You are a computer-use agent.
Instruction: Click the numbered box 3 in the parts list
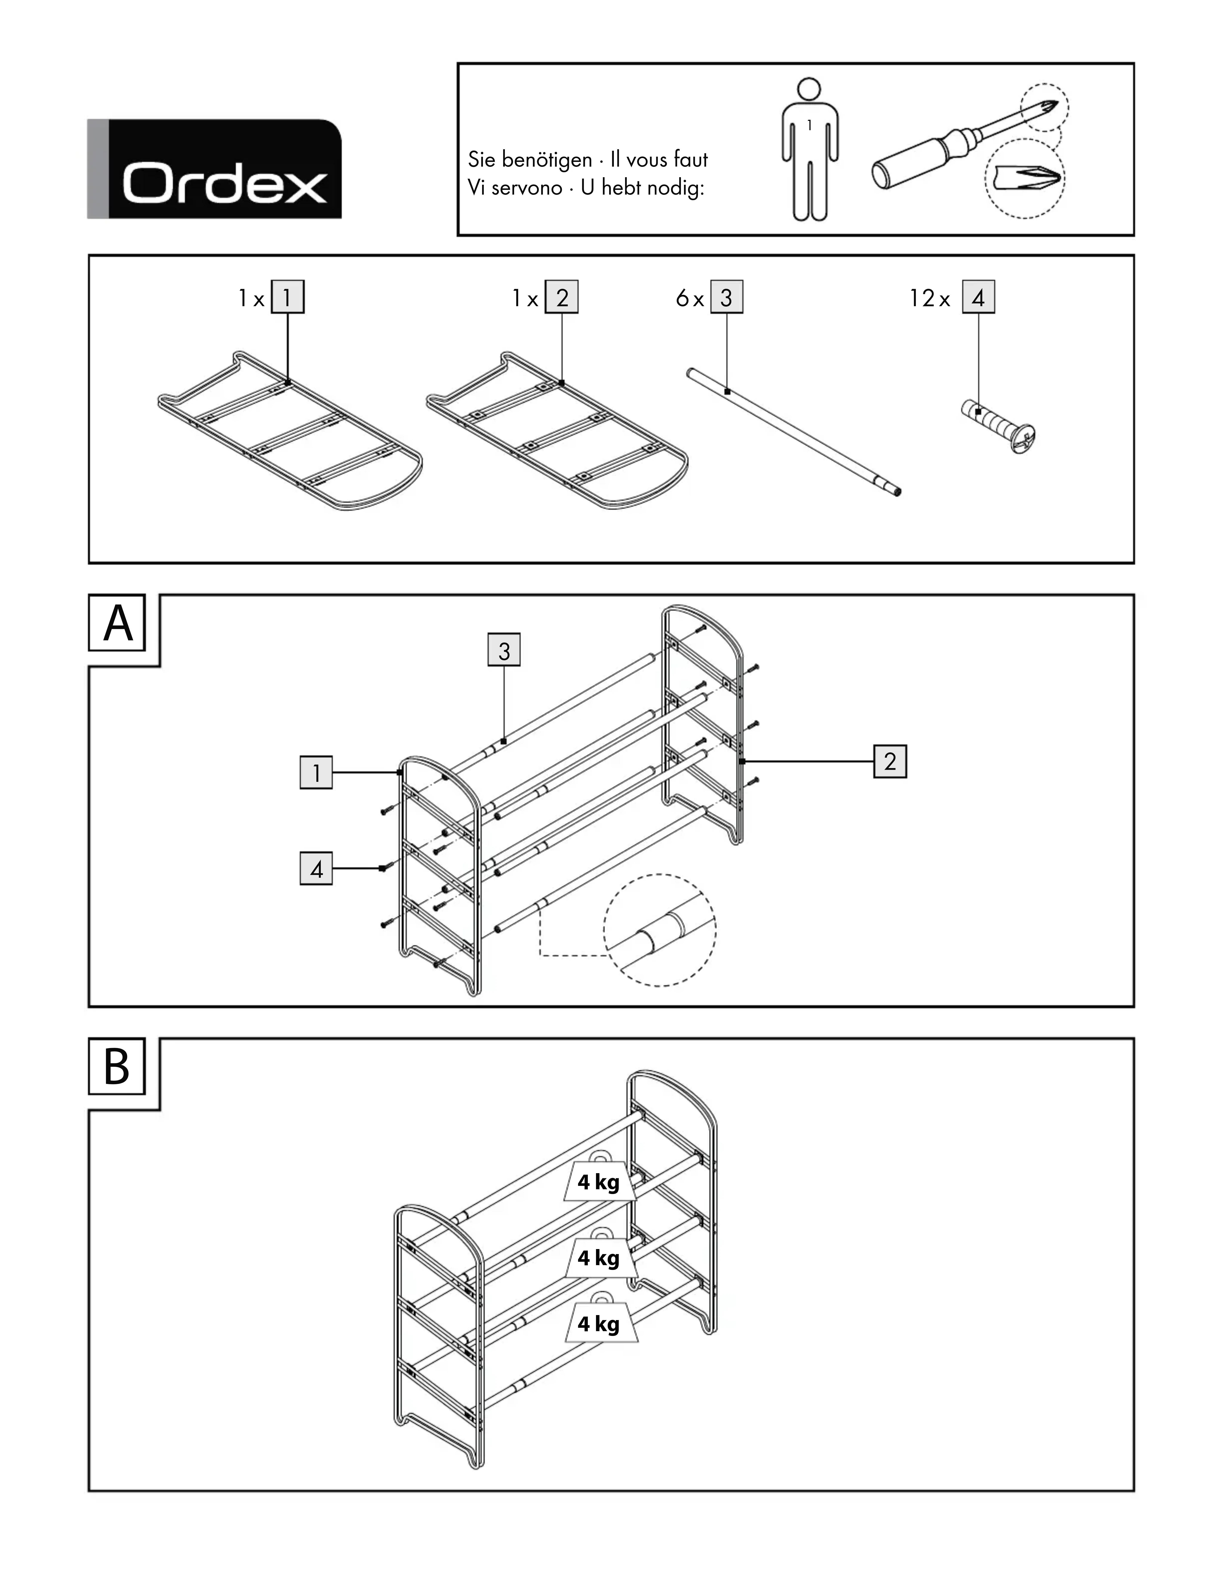click(726, 297)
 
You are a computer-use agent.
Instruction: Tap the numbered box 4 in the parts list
click(978, 297)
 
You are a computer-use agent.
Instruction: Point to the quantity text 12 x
click(929, 298)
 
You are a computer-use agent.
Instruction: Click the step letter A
click(117, 623)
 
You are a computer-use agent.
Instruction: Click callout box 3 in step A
click(504, 650)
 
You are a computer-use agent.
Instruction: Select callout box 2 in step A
click(890, 761)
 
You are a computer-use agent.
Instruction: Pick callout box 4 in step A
click(316, 869)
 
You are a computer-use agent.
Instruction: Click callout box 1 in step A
click(316, 773)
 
